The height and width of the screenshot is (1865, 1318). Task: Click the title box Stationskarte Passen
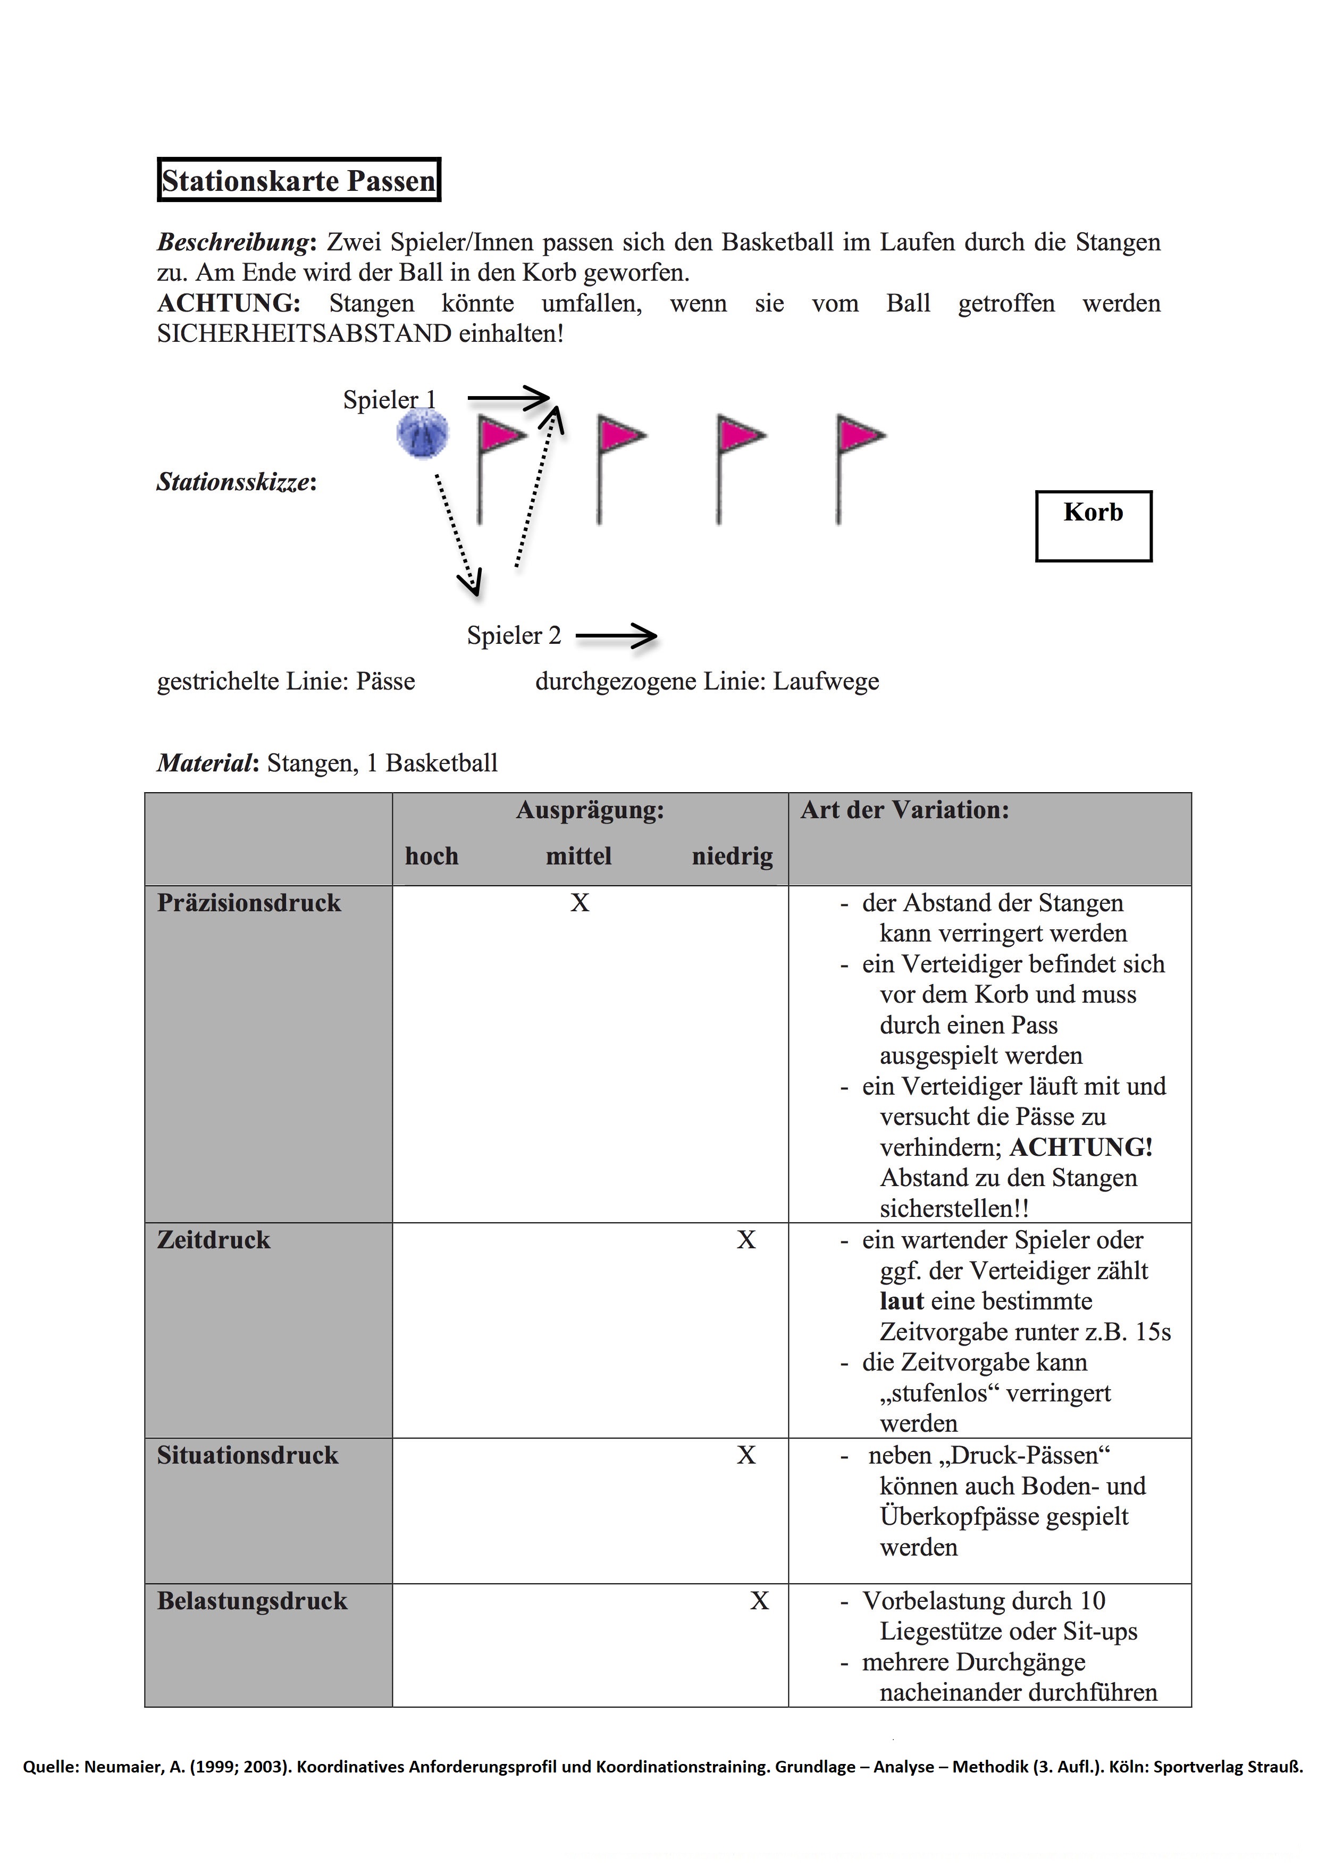tap(298, 180)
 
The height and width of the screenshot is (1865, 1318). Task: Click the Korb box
tap(1093, 526)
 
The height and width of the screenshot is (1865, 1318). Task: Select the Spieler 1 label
tap(389, 400)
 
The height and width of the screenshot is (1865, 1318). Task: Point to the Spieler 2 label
tap(513, 635)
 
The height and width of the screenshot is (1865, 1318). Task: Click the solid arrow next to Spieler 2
tap(616, 636)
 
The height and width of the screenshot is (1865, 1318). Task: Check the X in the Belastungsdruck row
tap(759, 1600)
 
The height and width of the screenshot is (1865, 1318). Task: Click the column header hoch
tap(432, 856)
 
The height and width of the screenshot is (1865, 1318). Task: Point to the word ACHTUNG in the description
tap(228, 303)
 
